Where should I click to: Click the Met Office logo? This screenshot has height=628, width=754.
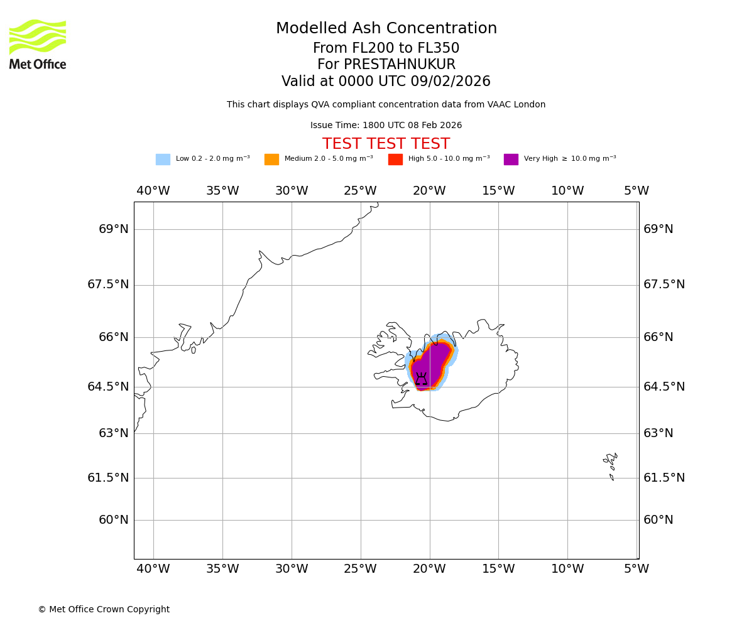point(38,44)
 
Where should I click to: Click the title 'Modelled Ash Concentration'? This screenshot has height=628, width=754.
point(386,29)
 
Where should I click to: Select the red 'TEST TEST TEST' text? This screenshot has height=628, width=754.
point(386,144)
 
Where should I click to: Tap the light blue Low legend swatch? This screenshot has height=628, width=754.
point(163,160)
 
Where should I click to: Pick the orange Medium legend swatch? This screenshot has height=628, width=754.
point(271,160)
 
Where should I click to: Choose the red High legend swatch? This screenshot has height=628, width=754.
point(395,160)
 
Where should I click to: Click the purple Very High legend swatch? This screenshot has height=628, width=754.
point(511,160)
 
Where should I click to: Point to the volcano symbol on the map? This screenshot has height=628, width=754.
point(421,379)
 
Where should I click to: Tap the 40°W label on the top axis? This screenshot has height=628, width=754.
point(153,191)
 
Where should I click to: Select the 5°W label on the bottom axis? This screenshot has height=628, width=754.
point(637,569)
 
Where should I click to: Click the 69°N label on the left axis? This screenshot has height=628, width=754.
point(114,229)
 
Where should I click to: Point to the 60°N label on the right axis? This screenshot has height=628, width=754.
point(658,520)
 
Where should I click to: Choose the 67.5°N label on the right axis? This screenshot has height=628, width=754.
point(664,284)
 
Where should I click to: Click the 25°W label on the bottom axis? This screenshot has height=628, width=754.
point(360,569)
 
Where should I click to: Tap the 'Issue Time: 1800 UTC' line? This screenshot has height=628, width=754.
point(386,126)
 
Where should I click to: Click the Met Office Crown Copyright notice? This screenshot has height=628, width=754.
point(104,609)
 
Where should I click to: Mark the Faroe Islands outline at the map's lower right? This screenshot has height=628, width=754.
point(611,465)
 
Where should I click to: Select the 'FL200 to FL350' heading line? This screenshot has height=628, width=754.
point(386,48)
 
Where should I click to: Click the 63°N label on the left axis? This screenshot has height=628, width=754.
point(114,433)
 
